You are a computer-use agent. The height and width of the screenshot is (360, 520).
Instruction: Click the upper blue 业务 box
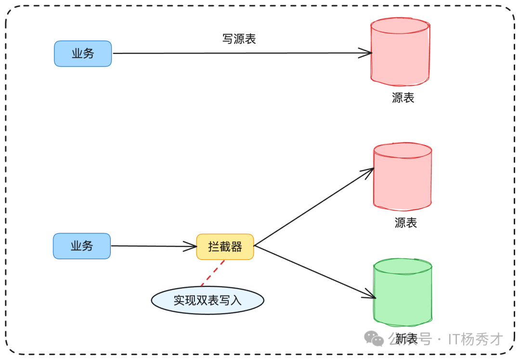point(83,53)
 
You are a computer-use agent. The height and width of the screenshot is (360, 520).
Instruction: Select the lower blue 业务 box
point(82,246)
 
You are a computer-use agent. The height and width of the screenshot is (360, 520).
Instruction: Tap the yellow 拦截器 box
point(225,247)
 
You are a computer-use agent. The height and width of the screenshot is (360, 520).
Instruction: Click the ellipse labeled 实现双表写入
point(208,300)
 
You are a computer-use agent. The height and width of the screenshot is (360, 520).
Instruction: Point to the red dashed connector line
point(213,273)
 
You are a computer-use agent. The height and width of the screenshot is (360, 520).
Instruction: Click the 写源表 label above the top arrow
point(239,39)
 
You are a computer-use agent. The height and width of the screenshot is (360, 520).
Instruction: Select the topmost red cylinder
point(400,52)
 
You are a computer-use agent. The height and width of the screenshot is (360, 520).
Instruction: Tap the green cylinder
point(403,293)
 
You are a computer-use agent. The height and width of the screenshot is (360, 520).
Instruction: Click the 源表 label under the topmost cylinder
point(403,98)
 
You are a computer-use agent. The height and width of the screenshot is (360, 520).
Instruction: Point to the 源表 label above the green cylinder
point(405,223)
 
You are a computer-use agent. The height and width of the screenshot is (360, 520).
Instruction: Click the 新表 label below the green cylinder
point(406,339)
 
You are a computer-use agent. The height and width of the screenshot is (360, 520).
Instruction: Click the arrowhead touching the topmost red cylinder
point(367,53)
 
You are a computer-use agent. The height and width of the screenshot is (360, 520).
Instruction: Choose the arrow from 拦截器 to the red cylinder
point(313,207)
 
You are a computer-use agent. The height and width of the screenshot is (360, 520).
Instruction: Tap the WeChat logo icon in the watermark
point(374,338)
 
